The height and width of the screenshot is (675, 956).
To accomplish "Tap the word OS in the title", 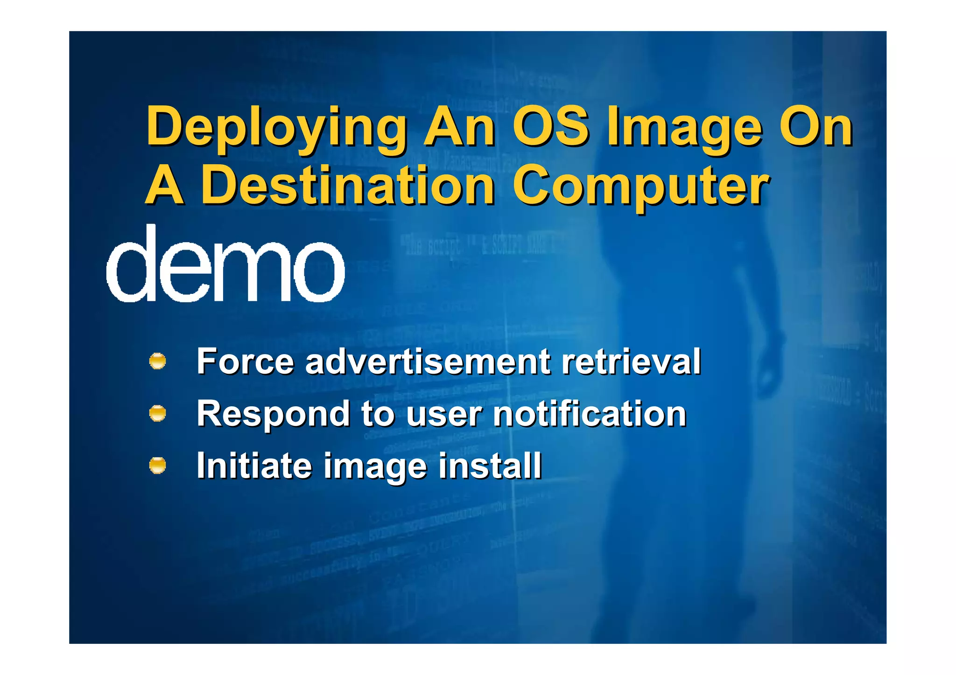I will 551,126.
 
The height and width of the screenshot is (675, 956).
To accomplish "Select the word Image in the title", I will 684,127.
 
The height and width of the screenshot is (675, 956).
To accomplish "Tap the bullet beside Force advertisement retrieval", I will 158,362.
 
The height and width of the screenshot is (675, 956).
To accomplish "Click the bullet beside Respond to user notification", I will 158,413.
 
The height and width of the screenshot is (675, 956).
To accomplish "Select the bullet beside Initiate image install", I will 158,465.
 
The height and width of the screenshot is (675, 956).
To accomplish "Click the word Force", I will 246,361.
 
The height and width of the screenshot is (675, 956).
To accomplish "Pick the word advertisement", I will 428,361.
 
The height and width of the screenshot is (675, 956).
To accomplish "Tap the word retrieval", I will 631,361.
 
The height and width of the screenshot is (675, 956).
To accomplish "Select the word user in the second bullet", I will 444,414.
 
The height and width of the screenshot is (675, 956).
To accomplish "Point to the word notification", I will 590,413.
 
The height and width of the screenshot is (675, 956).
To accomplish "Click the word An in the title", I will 459,126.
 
